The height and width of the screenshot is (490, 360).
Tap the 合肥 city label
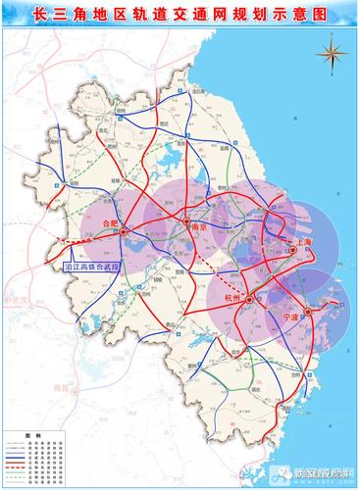pyautogui.click(x=109, y=224)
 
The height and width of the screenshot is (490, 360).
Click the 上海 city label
pyautogui.click(x=302, y=241)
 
